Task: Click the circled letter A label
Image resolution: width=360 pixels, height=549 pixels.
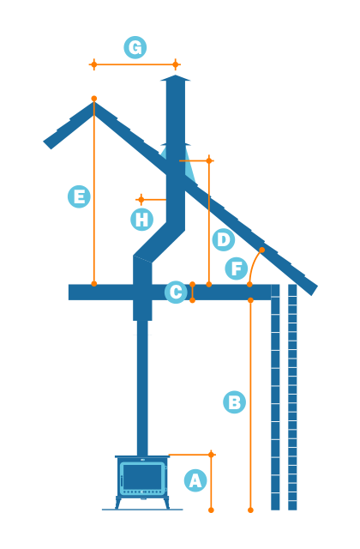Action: point(195,480)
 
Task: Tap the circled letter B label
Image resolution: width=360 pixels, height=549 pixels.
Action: point(234,401)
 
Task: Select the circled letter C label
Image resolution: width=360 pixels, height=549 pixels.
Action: point(176,293)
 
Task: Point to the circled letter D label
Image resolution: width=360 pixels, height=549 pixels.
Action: point(223,239)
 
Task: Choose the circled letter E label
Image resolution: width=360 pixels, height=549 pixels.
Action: point(79,196)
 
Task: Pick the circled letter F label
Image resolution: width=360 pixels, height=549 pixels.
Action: point(237,268)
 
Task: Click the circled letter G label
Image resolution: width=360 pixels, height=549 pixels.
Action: point(135,47)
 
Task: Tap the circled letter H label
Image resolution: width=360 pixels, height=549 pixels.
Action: point(141,220)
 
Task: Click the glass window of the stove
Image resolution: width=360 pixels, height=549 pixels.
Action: point(142,476)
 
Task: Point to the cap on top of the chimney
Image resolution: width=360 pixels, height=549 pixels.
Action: point(175,80)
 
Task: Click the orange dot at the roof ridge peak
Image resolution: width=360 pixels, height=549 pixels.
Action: point(93,99)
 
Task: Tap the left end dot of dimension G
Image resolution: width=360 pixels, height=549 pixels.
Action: point(93,64)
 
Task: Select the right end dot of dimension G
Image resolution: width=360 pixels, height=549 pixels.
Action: point(176,64)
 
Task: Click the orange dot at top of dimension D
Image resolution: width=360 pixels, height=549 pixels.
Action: point(208,160)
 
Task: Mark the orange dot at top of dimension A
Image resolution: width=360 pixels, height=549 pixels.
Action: point(211,455)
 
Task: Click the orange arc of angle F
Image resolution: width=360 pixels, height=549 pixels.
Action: point(253,262)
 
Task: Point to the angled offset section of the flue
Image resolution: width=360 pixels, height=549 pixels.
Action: point(159,244)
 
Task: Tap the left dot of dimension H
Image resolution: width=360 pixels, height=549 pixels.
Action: point(141,199)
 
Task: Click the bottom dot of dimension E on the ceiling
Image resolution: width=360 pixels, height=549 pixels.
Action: point(93,283)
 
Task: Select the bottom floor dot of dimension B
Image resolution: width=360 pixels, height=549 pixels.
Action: point(250,510)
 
